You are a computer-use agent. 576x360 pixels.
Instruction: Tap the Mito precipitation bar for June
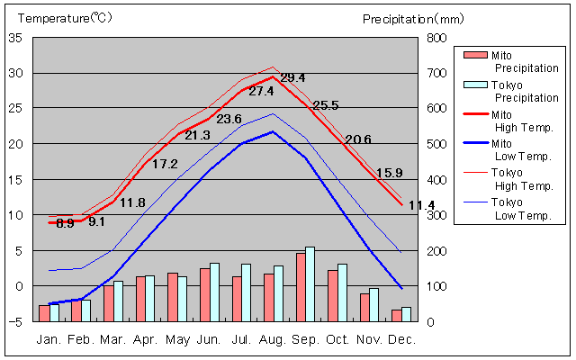tap(204, 294)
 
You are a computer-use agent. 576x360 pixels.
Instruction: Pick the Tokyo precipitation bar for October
tap(342, 292)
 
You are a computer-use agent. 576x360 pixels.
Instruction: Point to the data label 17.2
tap(165, 164)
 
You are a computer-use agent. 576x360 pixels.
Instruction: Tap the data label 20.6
tap(358, 139)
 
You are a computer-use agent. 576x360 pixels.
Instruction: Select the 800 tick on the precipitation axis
tap(436, 38)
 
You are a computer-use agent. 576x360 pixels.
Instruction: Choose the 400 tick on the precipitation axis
tap(436, 179)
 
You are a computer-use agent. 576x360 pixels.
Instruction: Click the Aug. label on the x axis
tap(273, 339)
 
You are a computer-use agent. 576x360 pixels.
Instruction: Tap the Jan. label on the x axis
tap(49, 339)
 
